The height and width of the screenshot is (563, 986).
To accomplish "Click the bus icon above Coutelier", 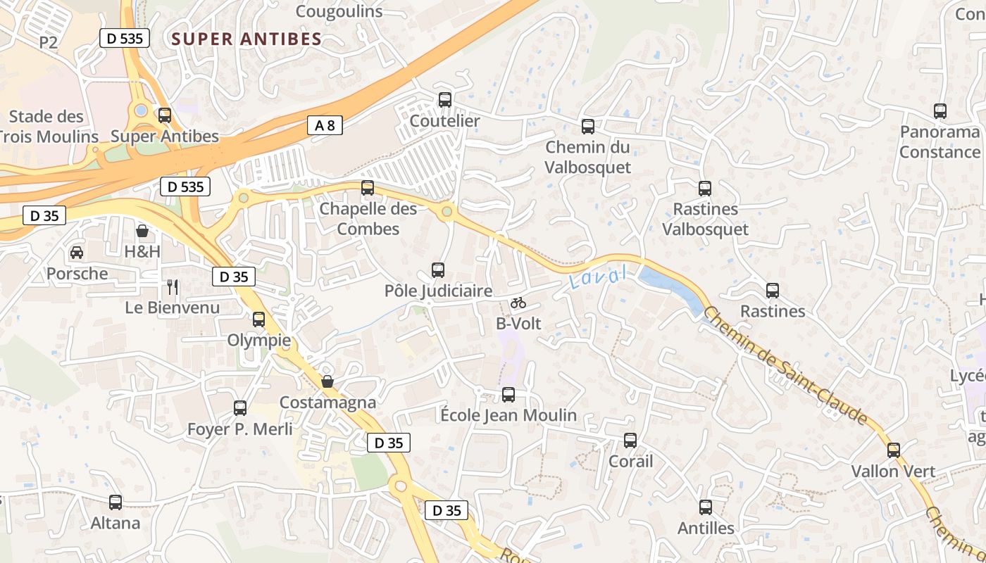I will (444, 100).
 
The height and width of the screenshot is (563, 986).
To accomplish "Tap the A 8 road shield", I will (325, 126).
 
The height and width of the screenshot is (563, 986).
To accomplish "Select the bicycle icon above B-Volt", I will (518, 303).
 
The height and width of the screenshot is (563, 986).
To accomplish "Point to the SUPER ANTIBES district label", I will (246, 39).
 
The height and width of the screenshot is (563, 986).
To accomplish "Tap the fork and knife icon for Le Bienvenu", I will (173, 286).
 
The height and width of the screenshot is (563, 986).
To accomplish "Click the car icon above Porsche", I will (77, 252).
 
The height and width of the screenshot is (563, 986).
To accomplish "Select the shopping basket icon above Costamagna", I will (327, 381).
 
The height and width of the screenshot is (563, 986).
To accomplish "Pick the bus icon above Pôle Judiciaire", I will (437, 270).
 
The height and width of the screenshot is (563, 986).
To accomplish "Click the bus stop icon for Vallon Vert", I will (893, 450).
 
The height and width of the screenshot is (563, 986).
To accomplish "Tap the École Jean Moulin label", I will (508, 415).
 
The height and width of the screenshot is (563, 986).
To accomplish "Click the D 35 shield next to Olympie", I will (233, 277).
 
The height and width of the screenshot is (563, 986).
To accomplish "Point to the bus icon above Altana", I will (116, 502).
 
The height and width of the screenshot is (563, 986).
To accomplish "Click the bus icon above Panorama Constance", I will (940, 111).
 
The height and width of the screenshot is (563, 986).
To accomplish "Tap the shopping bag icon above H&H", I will (142, 231).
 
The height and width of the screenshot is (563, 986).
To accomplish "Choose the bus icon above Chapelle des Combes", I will (367, 188).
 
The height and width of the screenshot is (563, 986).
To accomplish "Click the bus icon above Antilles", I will (705, 507).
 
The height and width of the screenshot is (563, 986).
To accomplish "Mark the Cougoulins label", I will (339, 11).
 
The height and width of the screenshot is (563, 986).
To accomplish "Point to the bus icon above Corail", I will (630, 441).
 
